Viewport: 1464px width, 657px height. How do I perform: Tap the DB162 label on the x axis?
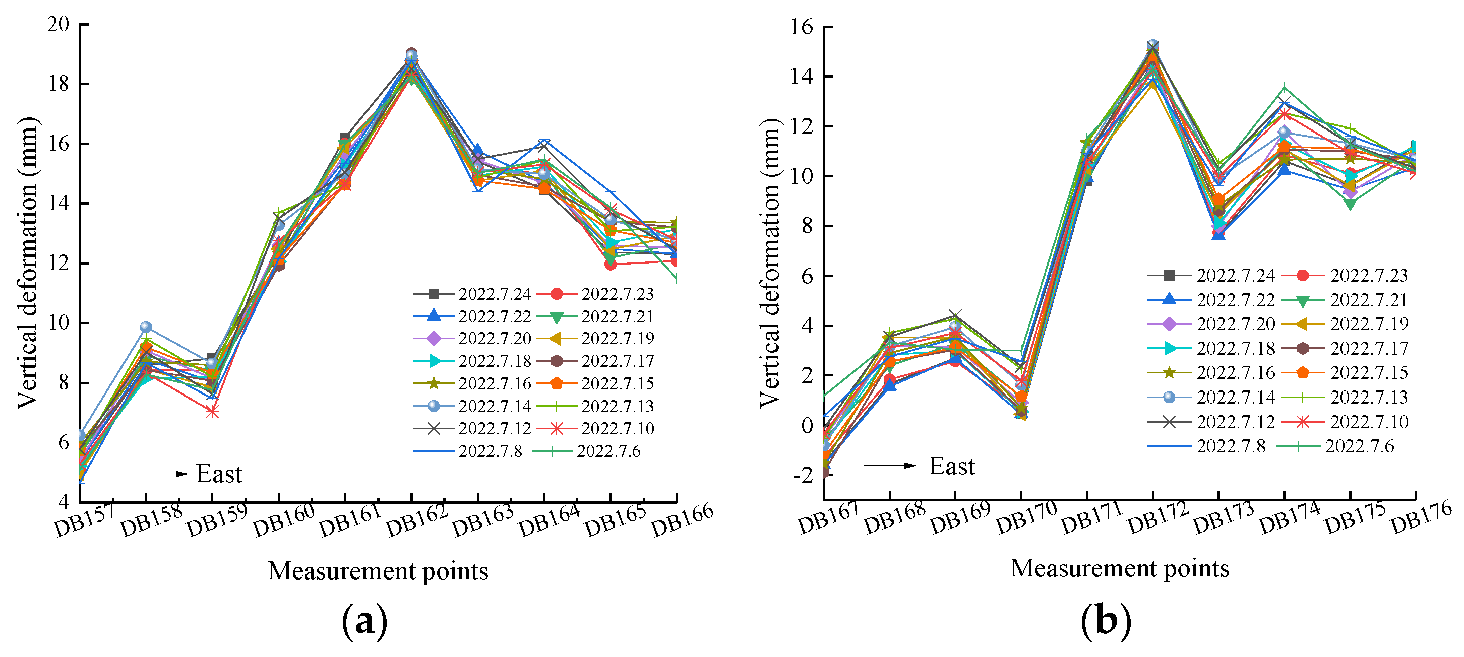416,520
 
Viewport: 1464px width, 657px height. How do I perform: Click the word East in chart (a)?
219,474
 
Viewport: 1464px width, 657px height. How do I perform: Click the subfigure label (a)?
364,621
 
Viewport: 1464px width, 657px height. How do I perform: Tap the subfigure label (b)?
1106,621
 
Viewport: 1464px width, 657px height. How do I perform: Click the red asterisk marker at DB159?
212,412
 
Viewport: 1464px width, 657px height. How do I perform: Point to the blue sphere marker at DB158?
146,327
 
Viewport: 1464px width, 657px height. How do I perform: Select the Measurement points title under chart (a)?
378,571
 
